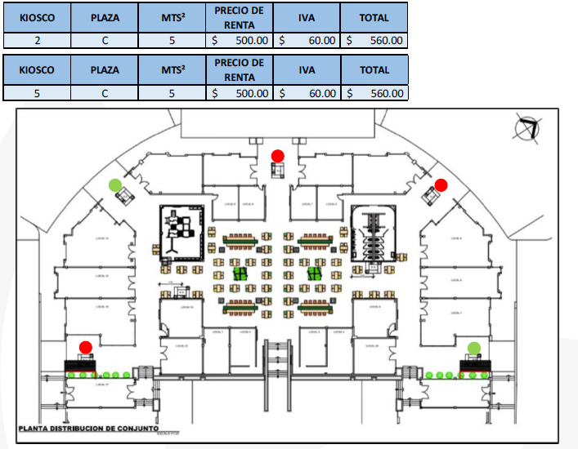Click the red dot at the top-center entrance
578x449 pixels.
[x=278, y=155]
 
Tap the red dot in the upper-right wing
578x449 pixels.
[x=441, y=185]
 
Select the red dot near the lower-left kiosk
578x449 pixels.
[x=86, y=347]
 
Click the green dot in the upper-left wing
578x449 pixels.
[x=115, y=184]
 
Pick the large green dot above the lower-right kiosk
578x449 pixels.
[x=474, y=349]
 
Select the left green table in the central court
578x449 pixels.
[x=240, y=273]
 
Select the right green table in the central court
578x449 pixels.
[x=314, y=273]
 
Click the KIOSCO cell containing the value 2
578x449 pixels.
[x=38, y=39]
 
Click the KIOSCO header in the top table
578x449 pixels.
[x=38, y=17]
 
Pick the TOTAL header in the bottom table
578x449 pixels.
[x=374, y=70]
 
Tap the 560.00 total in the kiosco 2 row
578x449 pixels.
[x=374, y=39]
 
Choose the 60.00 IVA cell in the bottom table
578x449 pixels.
[x=307, y=93]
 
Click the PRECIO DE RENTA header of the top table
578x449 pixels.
[x=240, y=17]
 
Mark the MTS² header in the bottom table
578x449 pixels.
[x=172, y=70]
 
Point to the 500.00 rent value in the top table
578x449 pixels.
[x=240, y=39]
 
